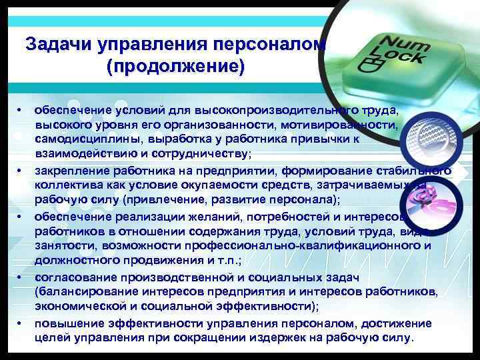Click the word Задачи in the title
[58, 45]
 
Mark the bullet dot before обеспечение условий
[21, 109]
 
